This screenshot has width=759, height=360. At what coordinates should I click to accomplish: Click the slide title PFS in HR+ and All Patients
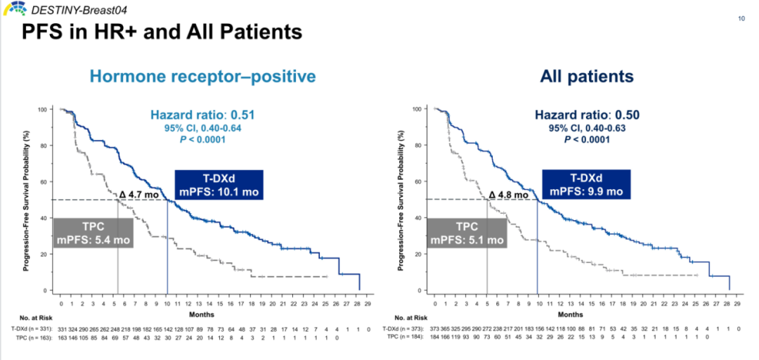tap(162, 32)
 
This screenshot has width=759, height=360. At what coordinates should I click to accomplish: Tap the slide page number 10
tap(741, 18)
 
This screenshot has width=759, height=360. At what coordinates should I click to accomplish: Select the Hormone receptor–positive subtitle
tap(202, 76)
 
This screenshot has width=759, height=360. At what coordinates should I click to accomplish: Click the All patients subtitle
tap(586, 76)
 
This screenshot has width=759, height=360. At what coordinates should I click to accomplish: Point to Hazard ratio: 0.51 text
tap(202, 115)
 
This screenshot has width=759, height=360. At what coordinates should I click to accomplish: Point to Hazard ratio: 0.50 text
tap(587, 115)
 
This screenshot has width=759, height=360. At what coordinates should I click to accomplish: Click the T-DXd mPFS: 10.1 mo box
tap(219, 184)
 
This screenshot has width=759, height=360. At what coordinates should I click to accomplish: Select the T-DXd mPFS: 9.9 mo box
tap(587, 184)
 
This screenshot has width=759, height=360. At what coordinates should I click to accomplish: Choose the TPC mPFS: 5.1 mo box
tap(467, 233)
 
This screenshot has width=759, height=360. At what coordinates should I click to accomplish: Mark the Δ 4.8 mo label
tap(508, 195)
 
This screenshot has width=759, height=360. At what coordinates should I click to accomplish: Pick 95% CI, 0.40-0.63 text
tap(587, 128)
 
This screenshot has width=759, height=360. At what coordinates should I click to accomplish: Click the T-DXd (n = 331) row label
tap(28, 328)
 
